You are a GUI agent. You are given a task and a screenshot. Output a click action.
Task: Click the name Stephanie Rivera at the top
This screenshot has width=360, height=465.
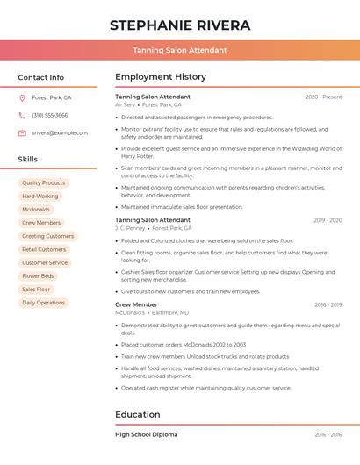click(x=180, y=25)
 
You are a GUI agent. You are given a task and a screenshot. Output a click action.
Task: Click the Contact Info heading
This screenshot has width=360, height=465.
click(x=40, y=77)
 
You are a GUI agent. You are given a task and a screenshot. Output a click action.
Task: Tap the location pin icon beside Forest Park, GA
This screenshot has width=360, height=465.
click(x=22, y=97)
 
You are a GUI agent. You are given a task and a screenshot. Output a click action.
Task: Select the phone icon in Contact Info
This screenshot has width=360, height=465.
click(x=22, y=115)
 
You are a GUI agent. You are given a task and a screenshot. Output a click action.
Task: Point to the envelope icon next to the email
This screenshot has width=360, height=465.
click(x=22, y=132)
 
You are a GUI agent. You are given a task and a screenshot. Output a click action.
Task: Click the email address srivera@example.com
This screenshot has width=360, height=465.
click(x=54, y=132)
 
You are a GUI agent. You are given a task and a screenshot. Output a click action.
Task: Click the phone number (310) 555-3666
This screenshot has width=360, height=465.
click(x=50, y=115)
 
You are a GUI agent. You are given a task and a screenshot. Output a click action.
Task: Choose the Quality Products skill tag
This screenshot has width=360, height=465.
click(x=44, y=182)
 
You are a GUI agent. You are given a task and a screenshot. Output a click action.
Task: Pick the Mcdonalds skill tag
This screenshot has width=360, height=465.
click(x=36, y=210)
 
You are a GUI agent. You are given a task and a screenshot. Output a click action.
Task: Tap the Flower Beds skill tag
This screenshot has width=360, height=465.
click(x=38, y=275)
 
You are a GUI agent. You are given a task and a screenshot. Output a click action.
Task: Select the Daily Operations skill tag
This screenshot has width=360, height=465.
click(x=44, y=303)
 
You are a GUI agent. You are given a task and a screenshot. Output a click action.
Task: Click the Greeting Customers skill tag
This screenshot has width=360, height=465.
click(x=47, y=236)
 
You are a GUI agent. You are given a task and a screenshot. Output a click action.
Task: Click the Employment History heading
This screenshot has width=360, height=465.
click(x=161, y=77)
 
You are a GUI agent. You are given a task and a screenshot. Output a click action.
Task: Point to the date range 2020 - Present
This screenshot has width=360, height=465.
click(x=323, y=97)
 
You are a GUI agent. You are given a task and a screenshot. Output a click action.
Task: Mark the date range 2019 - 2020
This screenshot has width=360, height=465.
click(x=328, y=220)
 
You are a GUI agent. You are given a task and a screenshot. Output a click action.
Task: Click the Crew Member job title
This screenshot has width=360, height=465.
click(x=136, y=304)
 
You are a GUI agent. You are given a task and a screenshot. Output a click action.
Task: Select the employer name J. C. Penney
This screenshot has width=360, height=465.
click(x=130, y=228)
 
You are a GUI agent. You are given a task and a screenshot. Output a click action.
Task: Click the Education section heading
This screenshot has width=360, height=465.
click(x=138, y=414)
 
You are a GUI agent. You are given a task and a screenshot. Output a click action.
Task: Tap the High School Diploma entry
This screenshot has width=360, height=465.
click(x=146, y=434)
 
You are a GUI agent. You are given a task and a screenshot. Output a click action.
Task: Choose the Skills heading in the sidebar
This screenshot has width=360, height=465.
click(x=28, y=160)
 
